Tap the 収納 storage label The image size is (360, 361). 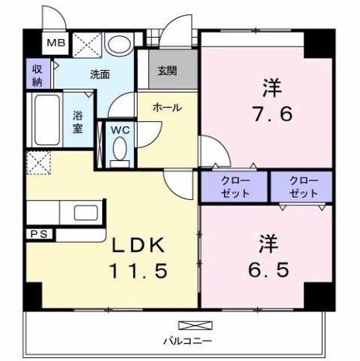tap(37, 74)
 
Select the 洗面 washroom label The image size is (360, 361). tap(101, 74)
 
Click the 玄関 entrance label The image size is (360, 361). tap(168, 71)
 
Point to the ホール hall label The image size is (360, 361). tap(167, 108)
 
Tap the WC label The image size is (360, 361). tap(120, 129)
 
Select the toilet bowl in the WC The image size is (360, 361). tap(119, 150)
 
